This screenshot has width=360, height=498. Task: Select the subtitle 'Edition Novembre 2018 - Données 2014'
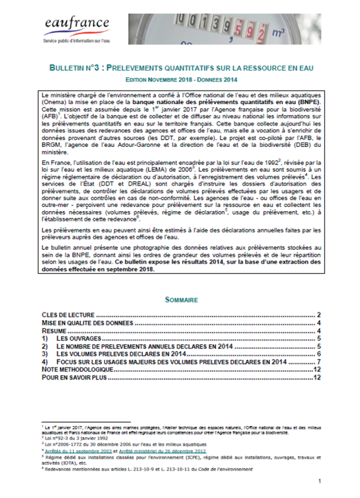point(180,80)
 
